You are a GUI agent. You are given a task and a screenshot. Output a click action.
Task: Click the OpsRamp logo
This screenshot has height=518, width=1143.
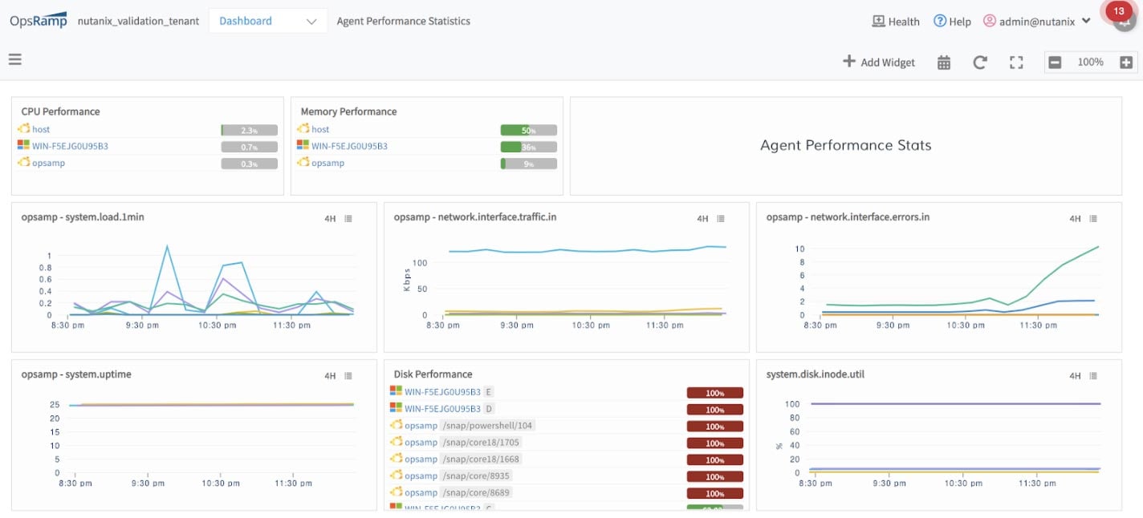[x=39, y=21]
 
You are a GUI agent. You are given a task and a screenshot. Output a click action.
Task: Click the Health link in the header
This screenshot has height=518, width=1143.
[x=896, y=22]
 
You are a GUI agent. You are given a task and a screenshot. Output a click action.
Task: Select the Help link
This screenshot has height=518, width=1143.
[x=952, y=22]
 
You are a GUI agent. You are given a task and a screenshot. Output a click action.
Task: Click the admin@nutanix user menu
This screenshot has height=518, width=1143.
[x=1036, y=22]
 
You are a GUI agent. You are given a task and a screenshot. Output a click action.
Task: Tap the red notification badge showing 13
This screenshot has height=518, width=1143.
[x=1119, y=12]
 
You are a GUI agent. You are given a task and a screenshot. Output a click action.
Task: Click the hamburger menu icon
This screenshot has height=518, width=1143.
[x=14, y=59]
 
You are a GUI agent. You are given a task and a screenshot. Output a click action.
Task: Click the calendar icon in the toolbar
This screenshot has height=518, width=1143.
[x=944, y=63]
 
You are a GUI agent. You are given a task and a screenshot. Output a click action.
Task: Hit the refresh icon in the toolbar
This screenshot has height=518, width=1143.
[x=979, y=63]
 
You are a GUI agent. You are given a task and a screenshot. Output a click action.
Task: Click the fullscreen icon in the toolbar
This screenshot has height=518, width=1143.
[x=1016, y=63]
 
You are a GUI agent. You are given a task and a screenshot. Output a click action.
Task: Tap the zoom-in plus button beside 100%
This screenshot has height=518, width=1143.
[x=1126, y=63]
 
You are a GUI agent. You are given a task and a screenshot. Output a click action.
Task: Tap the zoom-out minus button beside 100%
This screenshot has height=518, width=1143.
[x=1055, y=63]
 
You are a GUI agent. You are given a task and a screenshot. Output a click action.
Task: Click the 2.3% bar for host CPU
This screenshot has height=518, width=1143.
[x=250, y=130]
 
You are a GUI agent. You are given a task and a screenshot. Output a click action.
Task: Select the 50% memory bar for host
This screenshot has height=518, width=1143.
[x=528, y=130]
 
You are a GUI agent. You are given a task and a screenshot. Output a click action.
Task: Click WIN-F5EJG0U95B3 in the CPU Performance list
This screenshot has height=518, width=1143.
[x=70, y=146]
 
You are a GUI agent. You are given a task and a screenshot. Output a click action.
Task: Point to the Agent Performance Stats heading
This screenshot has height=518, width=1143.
[x=845, y=146]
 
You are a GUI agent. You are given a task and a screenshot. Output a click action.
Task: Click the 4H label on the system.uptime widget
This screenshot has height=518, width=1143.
[x=330, y=375]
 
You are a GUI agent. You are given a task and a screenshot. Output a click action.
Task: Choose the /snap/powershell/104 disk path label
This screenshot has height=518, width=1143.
[x=488, y=426]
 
